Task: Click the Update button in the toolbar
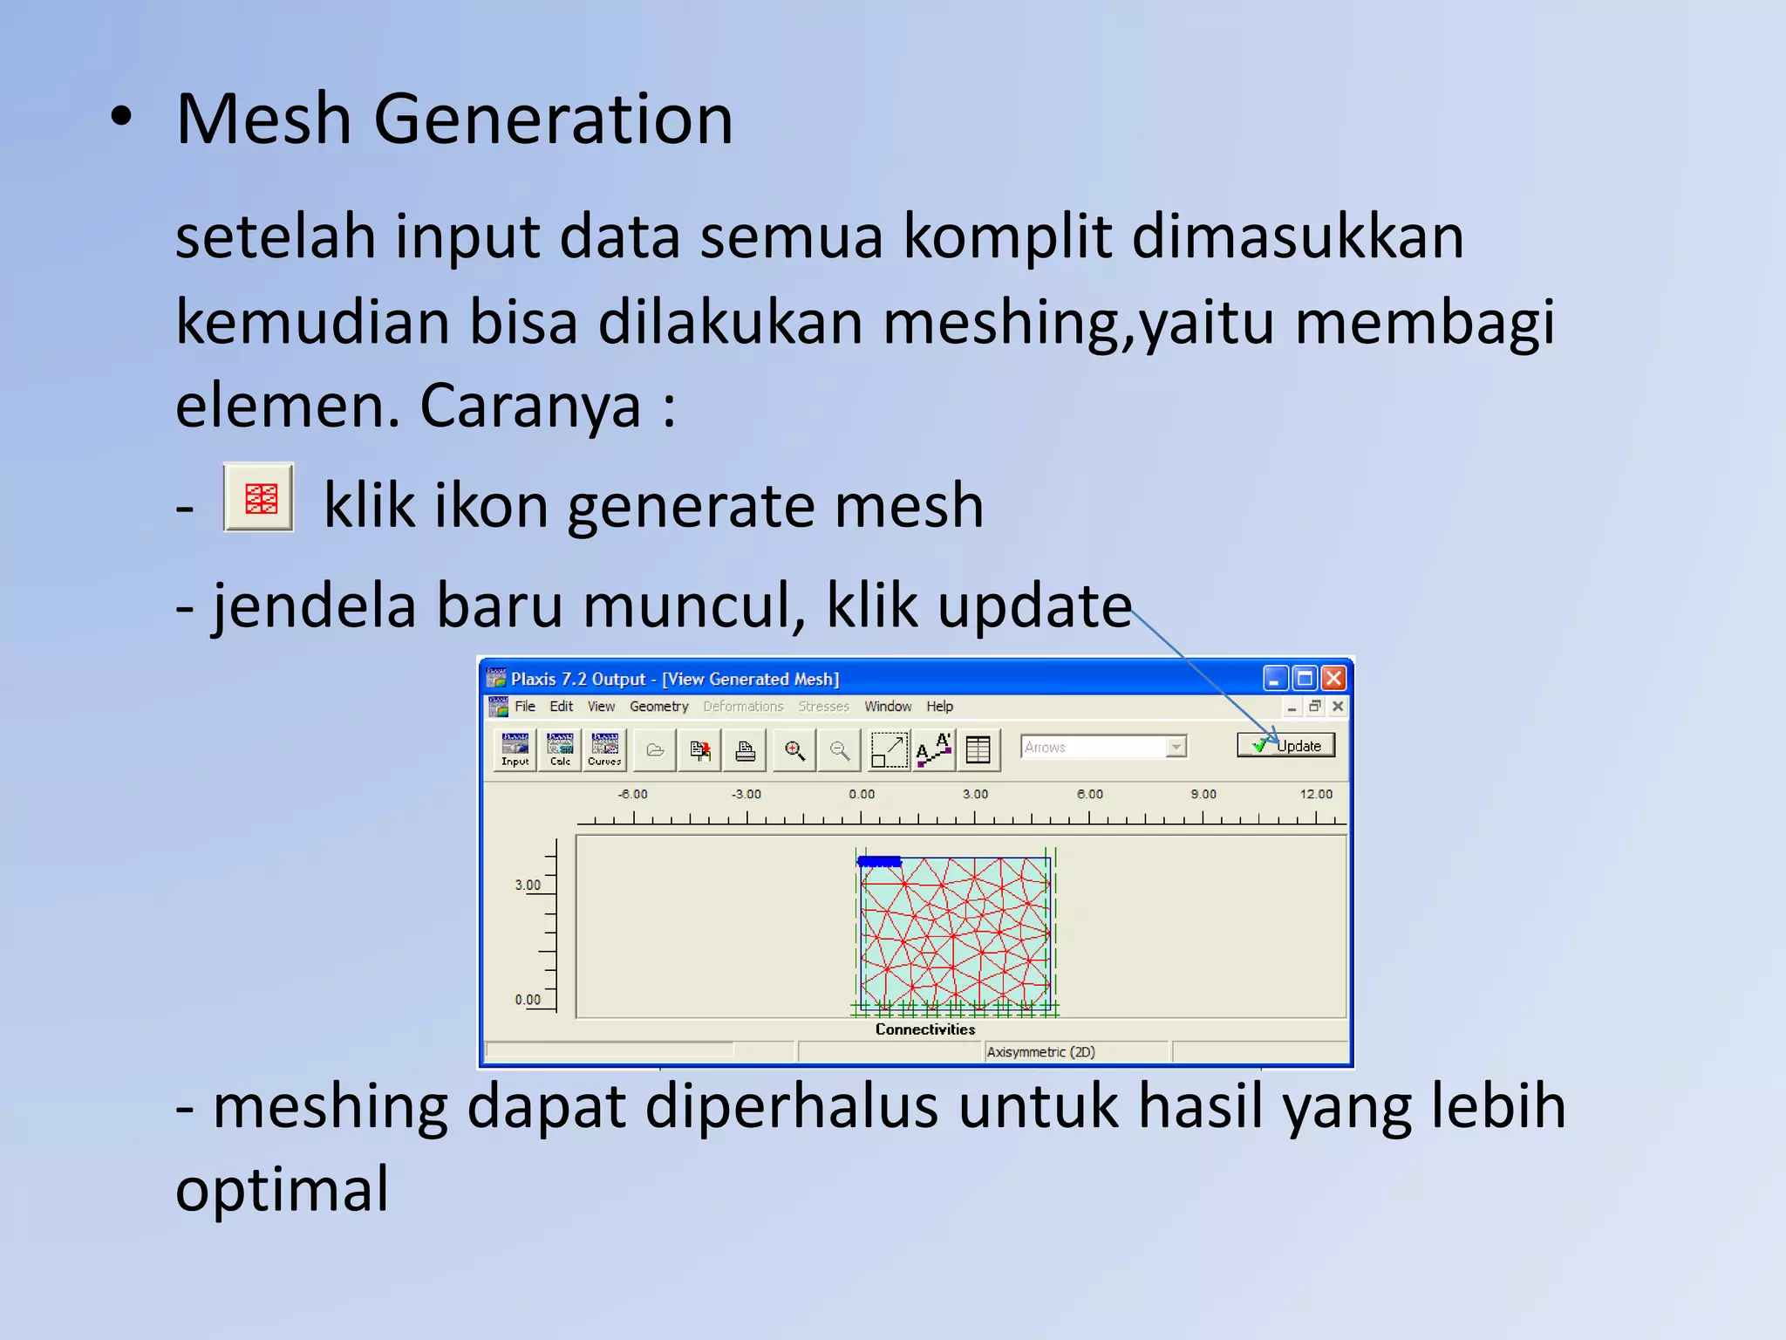pyautogui.click(x=1286, y=745)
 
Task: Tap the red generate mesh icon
pyautogui.click(x=259, y=497)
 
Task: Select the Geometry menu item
pyautogui.click(x=658, y=706)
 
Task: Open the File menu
pyautogui.click(x=525, y=706)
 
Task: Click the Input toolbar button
pyautogui.click(x=515, y=749)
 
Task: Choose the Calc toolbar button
pyautogui.click(x=560, y=749)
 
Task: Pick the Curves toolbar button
pyautogui.click(x=604, y=749)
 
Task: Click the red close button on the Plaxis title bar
pyautogui.click(x=1333, y=678)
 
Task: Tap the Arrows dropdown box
pyautogui.click(x=1102, y=747)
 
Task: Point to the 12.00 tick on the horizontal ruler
pyautogui.click(x=1316, y=794)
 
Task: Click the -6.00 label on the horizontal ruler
pyautogui.click(x=633, y=794)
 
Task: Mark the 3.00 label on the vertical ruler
pyautogui.click(x=528, y=885)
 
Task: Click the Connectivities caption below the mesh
pyautogui.click(x=925, y=1029)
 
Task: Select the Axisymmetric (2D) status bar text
pyautogui.click(x=1040, y=1052)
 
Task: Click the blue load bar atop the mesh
pyautogui.click(x=879, y=861)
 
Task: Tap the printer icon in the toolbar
pyautogui.click(x=745, y=750)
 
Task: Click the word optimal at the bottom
pyautogui.click(x=282, y=1189)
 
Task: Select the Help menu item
pyautogui.click(x=939, y=706)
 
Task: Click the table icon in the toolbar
pyautogui.click(x=978, y=750)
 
